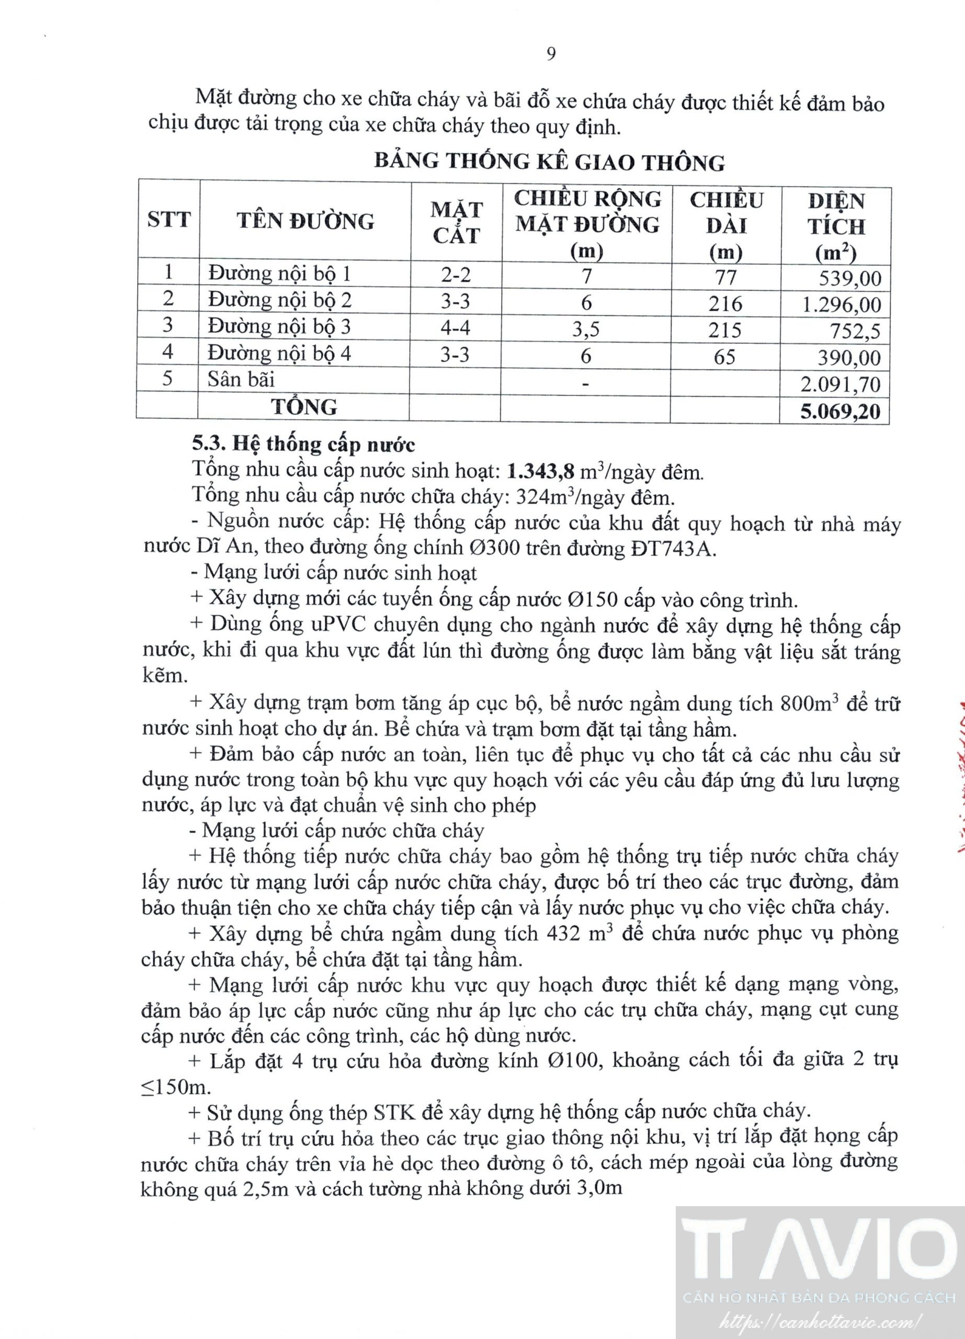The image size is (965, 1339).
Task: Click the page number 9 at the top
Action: point(551,54)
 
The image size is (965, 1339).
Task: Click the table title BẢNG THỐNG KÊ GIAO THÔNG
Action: point(550,162)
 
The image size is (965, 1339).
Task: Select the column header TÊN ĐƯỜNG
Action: point(305,221)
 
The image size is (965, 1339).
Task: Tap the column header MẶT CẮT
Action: point(456,223)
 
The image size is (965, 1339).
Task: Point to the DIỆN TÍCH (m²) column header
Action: point(836,226)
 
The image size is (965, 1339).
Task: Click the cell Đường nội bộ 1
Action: point(279,274)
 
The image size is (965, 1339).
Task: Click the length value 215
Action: point(725,330)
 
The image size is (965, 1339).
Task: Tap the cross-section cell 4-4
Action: point(455,327)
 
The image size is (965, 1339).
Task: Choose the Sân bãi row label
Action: point(241,379)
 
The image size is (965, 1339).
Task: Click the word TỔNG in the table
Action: point(304,407)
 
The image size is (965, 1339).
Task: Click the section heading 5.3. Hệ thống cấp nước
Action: point(303,444)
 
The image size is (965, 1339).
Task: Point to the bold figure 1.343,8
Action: point(541,471)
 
